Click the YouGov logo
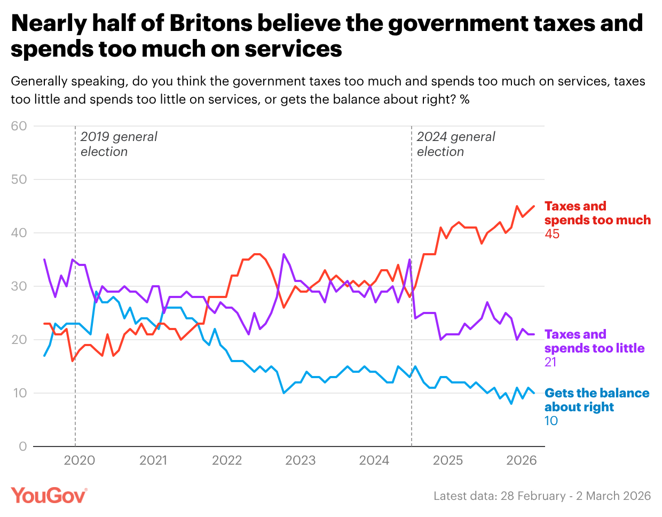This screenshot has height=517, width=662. pos(49,495)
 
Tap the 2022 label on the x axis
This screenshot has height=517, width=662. pos(227,460)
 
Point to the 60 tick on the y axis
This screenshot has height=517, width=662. pos(19,126)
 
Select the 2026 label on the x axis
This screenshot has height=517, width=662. pos(521,460)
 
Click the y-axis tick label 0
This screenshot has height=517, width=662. pos(22,446)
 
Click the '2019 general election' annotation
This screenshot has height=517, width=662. pos(119,144)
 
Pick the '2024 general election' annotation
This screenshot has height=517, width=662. pos(455,144)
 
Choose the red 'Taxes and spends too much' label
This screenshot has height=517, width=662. pos(597,213)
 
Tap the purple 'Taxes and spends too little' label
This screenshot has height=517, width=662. pos(594,341)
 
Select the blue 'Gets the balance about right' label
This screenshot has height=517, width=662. pos(596,400)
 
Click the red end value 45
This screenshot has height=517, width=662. pos(552,234)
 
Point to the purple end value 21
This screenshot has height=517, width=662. pos(550,362)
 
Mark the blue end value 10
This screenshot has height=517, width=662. pos(551,421)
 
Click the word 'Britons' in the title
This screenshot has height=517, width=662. pos(211,23)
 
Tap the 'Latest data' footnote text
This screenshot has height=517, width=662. pos(542,496)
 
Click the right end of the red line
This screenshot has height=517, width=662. pos(534,206)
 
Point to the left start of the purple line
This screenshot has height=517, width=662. pos(44,260)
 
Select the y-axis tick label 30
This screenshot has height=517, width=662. pos(19,286)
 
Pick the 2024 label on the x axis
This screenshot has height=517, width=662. pos(374,460)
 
